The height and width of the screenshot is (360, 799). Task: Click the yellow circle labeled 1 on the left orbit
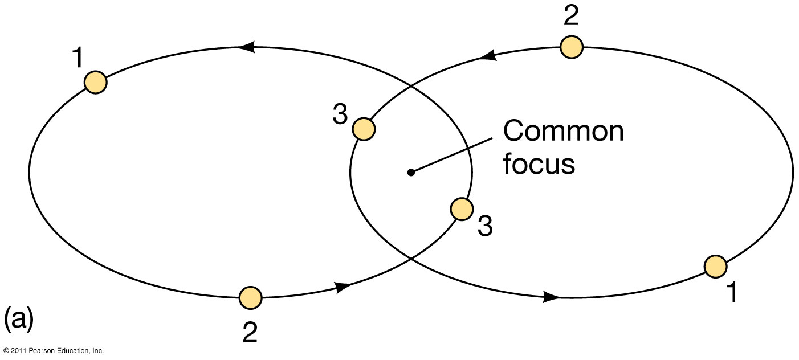click(96, 82)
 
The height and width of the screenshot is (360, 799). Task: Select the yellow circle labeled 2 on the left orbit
click(250, 297)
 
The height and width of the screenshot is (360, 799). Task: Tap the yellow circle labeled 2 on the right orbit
click(571, 47)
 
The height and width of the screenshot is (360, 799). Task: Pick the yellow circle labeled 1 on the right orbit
click(715, 266)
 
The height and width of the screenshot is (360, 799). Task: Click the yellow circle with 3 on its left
click(364, 129)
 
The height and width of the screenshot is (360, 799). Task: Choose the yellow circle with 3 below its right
click(461, 209)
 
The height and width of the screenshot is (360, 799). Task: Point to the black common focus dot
click(410, 171)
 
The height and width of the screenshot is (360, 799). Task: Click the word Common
click(563, 132)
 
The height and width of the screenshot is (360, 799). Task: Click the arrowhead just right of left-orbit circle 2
click(343, 288)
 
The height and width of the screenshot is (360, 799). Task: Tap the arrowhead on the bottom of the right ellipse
click(551, 297)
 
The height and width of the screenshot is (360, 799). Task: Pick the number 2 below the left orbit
click(250, 332)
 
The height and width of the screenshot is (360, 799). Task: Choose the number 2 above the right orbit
click(571, 17)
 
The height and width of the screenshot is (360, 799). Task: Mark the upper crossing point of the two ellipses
click(411, 87)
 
